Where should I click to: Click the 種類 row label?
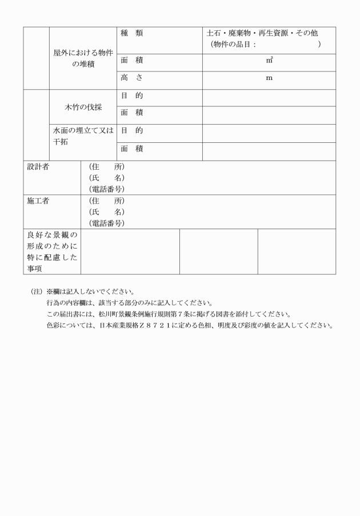click(x=131, y=34)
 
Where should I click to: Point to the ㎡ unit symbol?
click(x=269, y=60)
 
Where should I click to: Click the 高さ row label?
click(x=131, y=78)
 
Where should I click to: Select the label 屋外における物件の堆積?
click(x=83, y=58)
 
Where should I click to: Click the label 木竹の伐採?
click(x=83, y=107)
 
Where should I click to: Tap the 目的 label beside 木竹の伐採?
click(x=131, y=96)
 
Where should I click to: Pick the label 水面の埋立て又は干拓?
click(x=83, y=135)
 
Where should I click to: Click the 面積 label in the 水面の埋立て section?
click(x=131, y=149)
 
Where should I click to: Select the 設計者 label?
click(x=39, y=167)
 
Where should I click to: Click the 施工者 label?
click(x=39, y=201)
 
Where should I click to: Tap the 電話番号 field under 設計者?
click(x=107, y=189)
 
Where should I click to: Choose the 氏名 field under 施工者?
click(x=107, y=212)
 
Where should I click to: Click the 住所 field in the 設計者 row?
click(x=107, y=167)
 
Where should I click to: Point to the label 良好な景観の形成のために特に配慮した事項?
click(x=52, y=251)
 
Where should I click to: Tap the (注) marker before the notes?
click(x=37, y=291)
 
